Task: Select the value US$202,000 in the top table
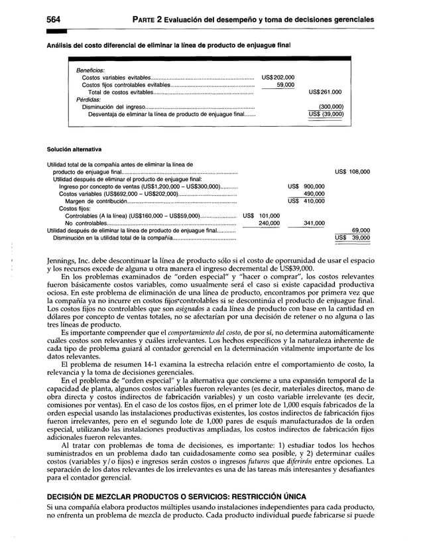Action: (278, 77)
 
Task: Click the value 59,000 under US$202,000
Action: (286, 84)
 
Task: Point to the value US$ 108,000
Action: (352, 172)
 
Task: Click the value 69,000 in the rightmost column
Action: (360, 230)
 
